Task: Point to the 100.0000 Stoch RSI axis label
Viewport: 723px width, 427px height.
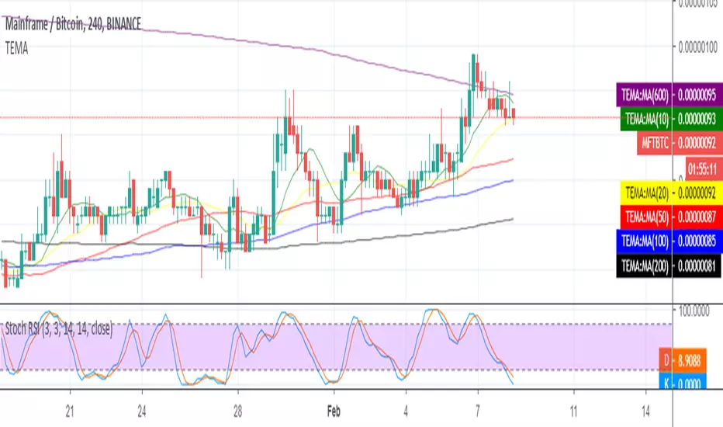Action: pos(697,311)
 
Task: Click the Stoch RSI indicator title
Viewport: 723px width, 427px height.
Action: pos(58,329)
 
